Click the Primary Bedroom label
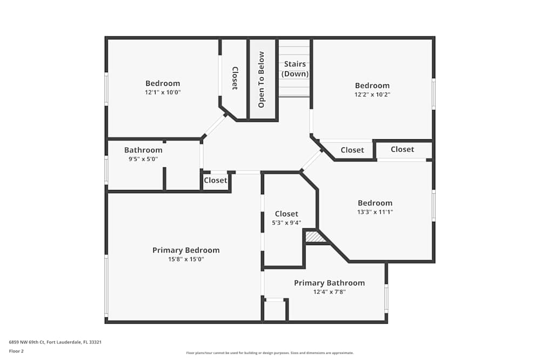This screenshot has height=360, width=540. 186,250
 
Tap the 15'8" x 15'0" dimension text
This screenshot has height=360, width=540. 186,259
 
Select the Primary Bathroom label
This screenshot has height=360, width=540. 329,283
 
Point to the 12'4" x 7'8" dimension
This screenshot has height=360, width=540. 329,292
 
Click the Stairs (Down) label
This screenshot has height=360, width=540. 295,69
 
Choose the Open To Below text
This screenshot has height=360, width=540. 261,79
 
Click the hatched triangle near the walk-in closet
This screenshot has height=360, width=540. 313,236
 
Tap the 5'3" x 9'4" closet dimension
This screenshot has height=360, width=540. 287,222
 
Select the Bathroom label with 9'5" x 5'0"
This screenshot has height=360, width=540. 143,150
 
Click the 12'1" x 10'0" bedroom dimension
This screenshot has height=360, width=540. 163,92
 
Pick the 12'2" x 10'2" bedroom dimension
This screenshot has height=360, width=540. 372,94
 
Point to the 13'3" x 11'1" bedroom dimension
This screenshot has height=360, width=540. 375,212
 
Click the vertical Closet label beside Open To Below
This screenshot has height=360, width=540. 235,78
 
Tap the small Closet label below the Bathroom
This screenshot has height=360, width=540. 215,180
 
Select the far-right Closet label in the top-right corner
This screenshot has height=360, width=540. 402,150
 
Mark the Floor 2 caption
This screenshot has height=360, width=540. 16,351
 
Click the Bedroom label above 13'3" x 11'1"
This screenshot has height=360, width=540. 375,203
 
